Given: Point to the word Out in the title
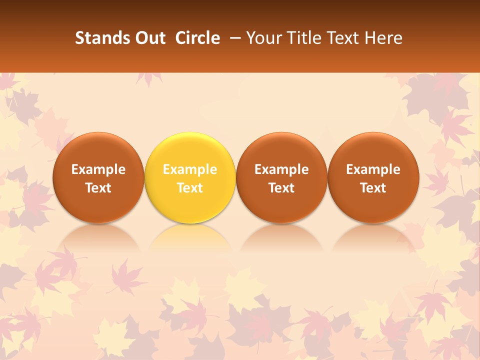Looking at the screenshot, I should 149,38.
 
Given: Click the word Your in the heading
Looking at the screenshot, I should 263,38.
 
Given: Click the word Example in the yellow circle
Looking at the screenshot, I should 190,169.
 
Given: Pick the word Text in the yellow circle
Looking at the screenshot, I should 190,188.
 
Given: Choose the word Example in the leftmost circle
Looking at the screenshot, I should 98,169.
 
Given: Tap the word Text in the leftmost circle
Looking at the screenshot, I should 98,188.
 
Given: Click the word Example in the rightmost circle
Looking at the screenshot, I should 373,169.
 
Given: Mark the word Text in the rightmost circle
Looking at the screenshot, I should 373,188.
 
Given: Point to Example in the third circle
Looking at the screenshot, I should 281,169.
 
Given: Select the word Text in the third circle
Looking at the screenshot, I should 281,188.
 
